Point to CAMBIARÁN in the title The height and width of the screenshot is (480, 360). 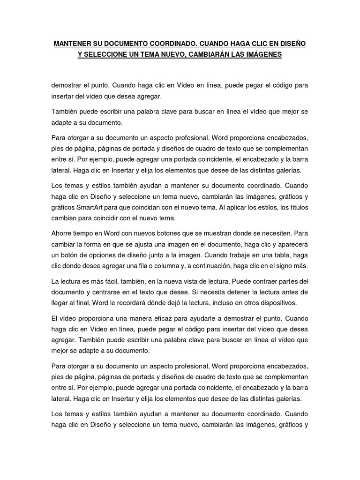coord(217,55)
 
